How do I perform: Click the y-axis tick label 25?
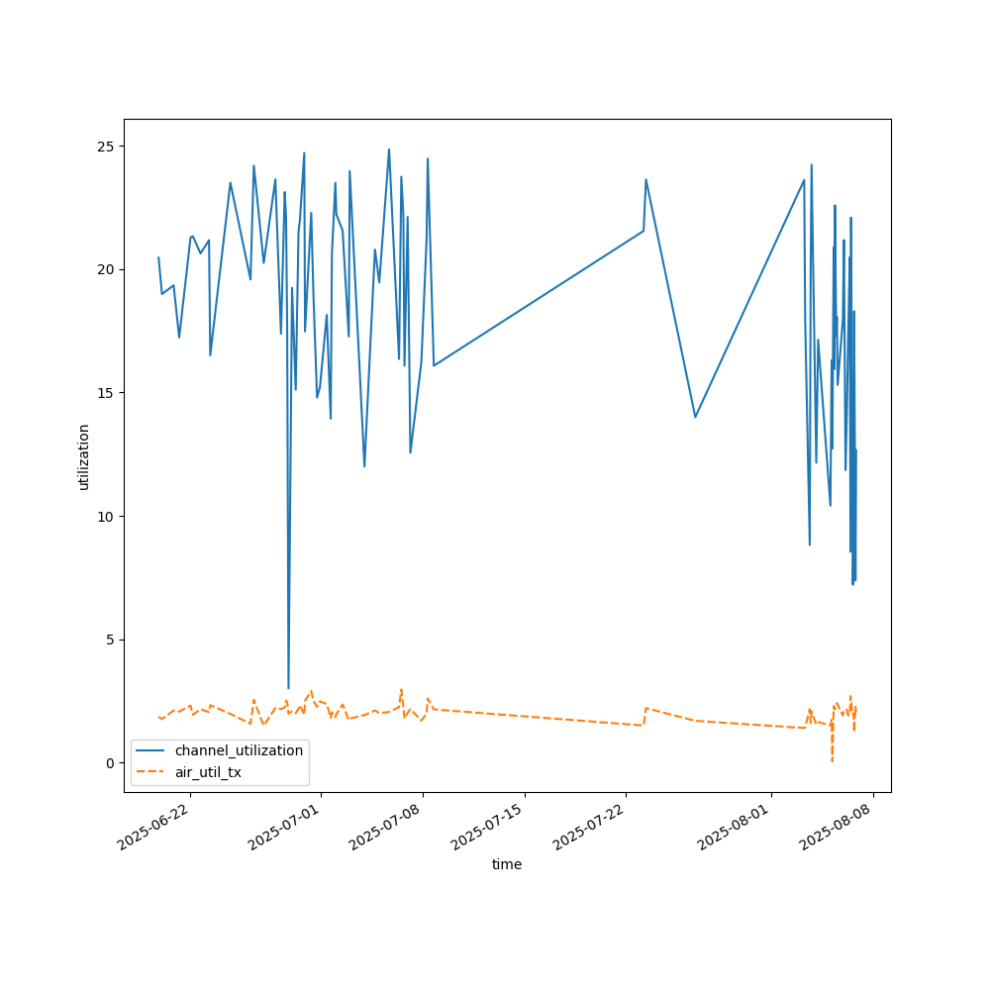[105, 147]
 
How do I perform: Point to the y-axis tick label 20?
[105, 269]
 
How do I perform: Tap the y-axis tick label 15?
[105, 393]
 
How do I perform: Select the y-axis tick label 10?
[105, 516]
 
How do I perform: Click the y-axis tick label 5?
[109, 640]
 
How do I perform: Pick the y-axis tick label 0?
[109, 763]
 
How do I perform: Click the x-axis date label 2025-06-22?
[153, 830]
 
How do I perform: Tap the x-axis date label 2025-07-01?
[283, 830]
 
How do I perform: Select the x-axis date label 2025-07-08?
[385, 830]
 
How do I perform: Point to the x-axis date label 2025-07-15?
[487, 830]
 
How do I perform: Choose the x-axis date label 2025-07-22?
[589, 830]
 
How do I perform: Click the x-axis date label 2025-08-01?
[734, 830]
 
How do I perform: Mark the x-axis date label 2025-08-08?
[836, 830]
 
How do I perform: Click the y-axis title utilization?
[84, 456]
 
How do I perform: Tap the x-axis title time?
[507, 864]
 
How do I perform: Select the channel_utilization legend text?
[232, 750]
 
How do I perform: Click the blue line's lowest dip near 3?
[288, 688]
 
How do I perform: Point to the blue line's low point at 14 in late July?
[695, 417]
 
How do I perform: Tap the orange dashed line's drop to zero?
[832, 760]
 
